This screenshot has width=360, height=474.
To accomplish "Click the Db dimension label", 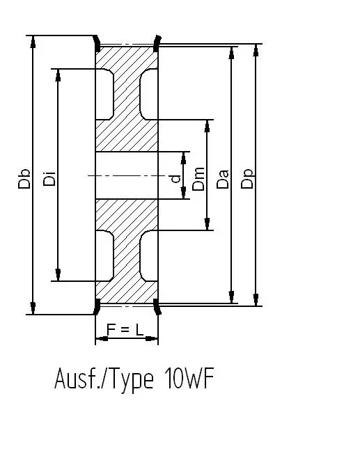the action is click(24, 179).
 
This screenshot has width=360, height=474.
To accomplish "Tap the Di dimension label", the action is click(49, 179).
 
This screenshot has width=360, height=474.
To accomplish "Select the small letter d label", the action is click(175, 179).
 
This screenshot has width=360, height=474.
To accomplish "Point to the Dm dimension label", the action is click(198, 179).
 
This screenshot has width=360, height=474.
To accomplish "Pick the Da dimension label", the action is click(223, 179).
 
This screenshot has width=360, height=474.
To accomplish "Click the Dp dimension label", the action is click(247, 179).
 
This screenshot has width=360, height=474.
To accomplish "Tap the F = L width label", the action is click(125, 330).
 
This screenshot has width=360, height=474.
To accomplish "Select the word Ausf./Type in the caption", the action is click(104, 379).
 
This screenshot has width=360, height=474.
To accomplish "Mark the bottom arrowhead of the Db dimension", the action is click(33, 308).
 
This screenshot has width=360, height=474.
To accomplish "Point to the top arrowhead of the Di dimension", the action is click(58, 75).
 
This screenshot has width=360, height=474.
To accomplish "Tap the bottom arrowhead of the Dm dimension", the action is click(207, 224).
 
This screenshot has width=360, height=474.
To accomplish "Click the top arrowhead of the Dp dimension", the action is click(256, 50).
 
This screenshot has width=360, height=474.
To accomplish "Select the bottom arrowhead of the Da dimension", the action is click(232, 297).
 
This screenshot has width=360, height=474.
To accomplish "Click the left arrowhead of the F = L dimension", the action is click(102, 338).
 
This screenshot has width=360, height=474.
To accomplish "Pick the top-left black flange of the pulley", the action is click(97, 44).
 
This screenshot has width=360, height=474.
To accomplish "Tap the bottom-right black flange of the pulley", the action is click(157, 307).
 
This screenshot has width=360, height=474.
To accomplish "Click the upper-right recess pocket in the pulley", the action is click(148, 95).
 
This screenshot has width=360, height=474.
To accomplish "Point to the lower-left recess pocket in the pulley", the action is click(104, 255).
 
